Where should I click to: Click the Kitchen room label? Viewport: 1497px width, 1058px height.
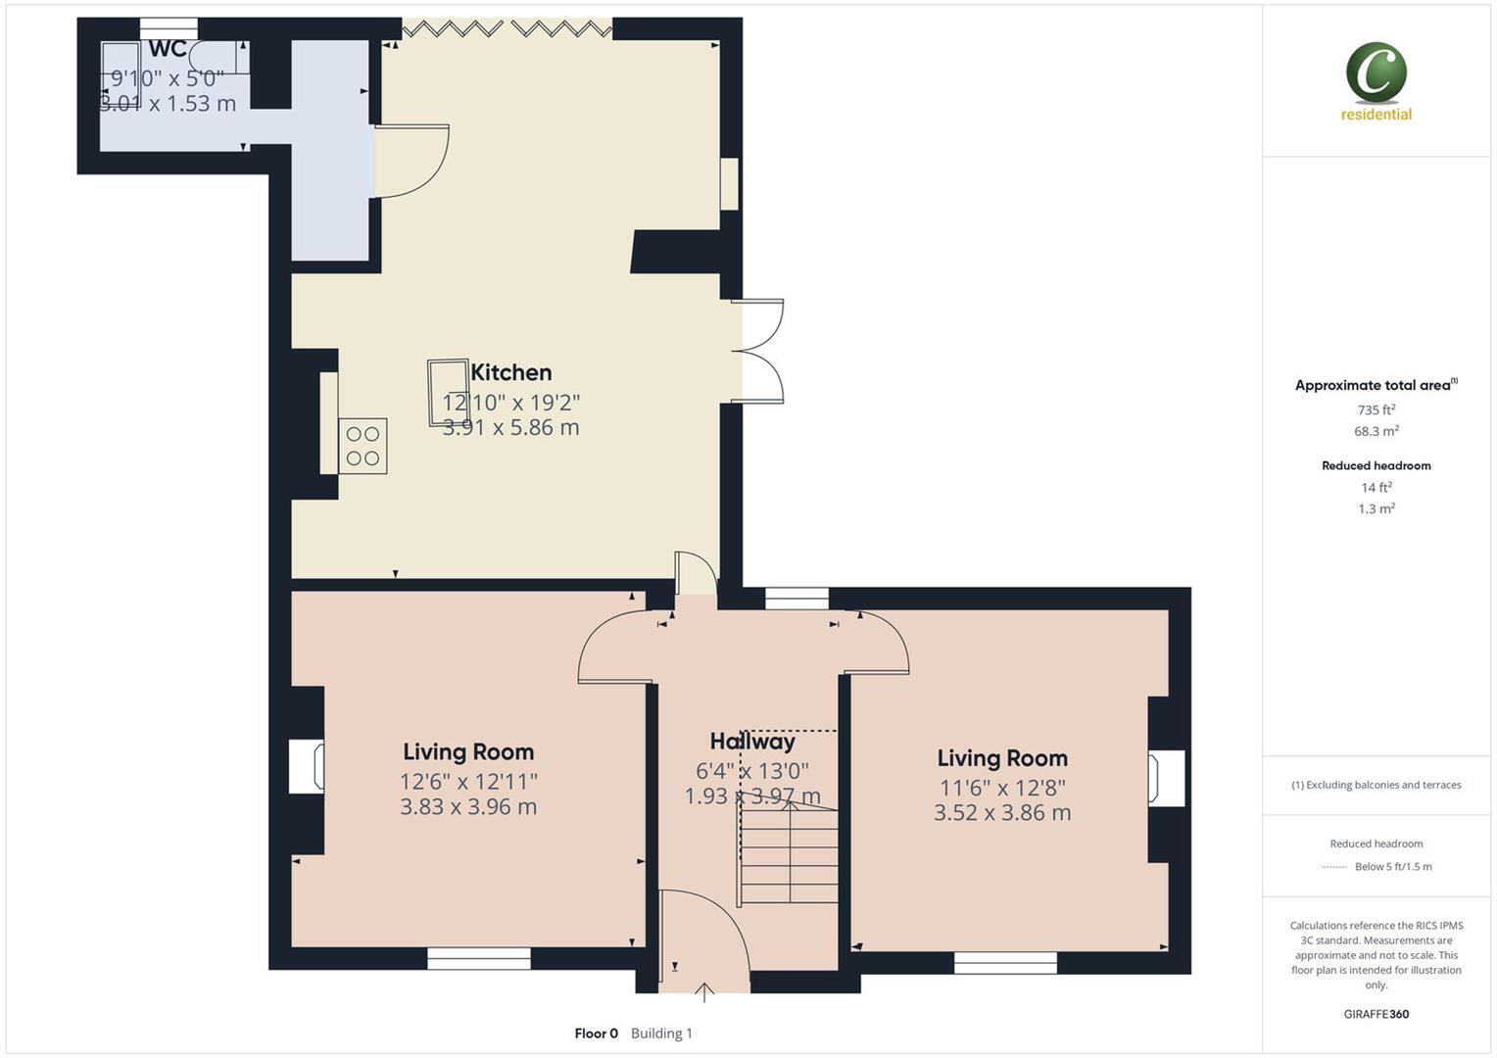pos(510,372)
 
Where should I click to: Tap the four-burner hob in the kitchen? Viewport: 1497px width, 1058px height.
pos(362,447)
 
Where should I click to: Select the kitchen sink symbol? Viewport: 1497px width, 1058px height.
pos(448,393)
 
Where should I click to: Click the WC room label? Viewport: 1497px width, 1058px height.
pos(167,50)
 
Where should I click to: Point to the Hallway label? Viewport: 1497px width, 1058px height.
pos(751,742)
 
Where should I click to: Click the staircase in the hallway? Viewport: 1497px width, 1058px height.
pos(789,852)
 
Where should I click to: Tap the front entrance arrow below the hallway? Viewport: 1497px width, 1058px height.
pos(703,992)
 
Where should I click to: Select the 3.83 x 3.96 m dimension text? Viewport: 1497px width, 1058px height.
pos(468,807)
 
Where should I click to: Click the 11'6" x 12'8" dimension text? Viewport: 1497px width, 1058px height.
pos(1001,787)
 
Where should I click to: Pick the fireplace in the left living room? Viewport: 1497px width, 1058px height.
pos(306,766)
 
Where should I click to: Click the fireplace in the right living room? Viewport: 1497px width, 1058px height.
pos(1166,778)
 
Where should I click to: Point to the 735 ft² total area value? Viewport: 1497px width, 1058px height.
pos(1376,410)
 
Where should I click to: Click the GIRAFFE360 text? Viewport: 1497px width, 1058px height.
pos(1376,1014)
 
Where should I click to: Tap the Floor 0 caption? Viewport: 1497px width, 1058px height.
pos(596,1034)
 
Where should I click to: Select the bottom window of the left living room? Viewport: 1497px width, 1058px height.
pos(479,958)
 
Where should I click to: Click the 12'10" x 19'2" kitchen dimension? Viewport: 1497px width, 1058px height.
pos(510,403)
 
